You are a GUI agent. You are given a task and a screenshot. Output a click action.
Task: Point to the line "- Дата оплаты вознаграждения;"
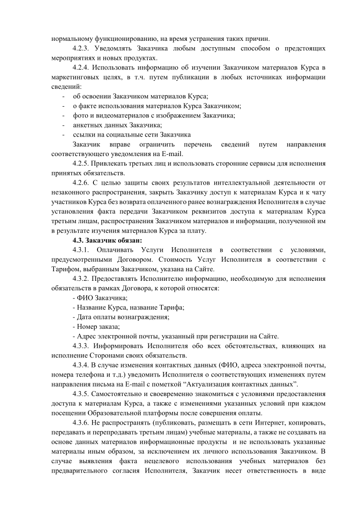pyautogui.click(x=121, y=317)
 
